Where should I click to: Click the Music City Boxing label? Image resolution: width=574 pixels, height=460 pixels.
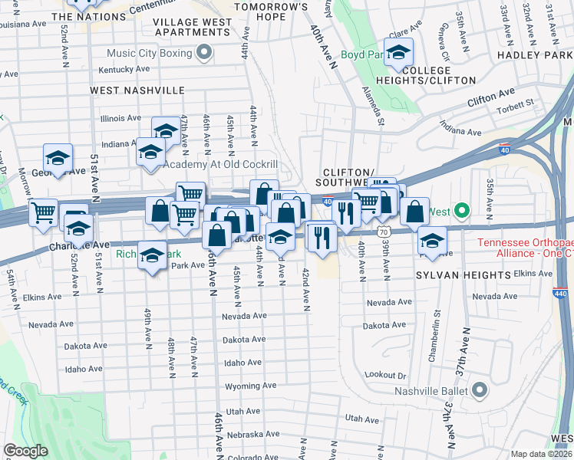click(149, 53)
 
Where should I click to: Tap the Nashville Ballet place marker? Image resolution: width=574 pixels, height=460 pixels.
click(480, 390)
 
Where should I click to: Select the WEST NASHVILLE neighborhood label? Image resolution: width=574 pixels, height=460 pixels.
click(137, 90)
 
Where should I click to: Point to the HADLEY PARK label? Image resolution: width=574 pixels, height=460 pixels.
click(535, 55)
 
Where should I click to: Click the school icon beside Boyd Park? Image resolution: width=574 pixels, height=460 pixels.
click(398, 53)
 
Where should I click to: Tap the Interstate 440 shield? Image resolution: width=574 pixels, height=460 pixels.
click(559, 293)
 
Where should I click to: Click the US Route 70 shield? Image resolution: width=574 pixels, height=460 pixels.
click(384, 231)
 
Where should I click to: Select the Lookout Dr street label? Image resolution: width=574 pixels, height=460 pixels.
click(385, 374)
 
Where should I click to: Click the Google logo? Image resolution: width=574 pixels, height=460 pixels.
click(26, 451)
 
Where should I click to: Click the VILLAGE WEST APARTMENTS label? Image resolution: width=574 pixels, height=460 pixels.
click(193, 28)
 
